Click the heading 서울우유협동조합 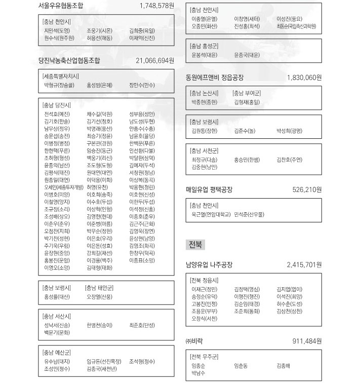pos(61,6)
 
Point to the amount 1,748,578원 pos(156,6)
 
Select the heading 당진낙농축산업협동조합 pos(69,60)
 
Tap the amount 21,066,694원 pos(155,60)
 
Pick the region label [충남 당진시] pos(57,105)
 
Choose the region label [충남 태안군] pos(101,288)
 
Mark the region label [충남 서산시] pos(57,316)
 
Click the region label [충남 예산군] pos(57,353)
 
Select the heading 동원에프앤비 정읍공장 pos(215,78)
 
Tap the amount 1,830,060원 pos(304,78)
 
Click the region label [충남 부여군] pos(247,93)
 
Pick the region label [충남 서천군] pos(204,150)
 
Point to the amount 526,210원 pos(307,190)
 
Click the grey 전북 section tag pos(195,245)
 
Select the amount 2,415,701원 pos(304,264)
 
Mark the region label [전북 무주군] pos(204,356)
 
